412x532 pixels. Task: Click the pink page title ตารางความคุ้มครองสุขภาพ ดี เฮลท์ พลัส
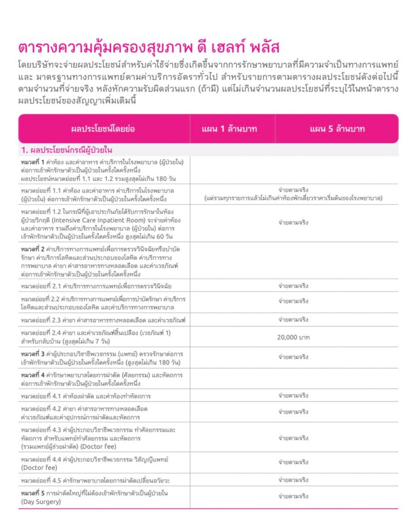click(149, 48)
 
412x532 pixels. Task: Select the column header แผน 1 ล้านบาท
click(229, 129)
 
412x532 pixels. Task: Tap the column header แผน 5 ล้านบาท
click(337, 129)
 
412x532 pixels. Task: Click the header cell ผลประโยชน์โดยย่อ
click(103, 129)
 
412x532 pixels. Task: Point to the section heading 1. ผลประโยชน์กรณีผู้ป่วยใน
click(67, 150)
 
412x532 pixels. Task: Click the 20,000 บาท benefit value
click(293, 337)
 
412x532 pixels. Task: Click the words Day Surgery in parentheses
click(41, 501)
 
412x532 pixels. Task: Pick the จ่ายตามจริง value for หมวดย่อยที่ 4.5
click(293, 480)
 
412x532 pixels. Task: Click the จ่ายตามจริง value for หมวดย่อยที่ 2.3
click(293, 319)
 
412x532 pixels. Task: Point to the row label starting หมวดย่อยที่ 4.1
click(86, 395)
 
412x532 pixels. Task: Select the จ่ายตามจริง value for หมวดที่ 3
click(293, 357)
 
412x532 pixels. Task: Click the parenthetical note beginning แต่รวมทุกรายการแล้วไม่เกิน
click(293, 198)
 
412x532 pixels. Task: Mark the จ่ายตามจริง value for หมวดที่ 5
click(293, 496)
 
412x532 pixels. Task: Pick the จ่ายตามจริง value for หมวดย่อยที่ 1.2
click(293, 223)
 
